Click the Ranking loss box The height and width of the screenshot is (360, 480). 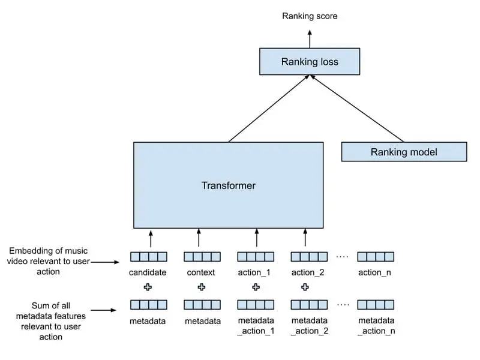(310, 62)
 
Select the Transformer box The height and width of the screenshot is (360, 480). (228, 185)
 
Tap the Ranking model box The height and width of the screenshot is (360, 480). (404, 152)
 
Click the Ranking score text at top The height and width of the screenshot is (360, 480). (310, 16)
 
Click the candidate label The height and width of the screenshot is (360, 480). (148, 272)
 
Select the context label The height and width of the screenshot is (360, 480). (201, 272)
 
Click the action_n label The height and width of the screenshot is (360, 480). (376, 272)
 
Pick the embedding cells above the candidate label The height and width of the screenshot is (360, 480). (149, 257)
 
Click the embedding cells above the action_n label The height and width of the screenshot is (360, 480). (376, 257)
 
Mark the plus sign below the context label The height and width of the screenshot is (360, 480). (201, 287)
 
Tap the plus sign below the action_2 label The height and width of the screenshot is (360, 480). (305, 287)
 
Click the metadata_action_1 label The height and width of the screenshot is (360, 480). (256, 326)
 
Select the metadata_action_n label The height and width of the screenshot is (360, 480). (376, 326)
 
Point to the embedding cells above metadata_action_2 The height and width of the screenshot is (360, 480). (309, 305)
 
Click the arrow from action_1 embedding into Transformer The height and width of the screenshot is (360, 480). (256, 238)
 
